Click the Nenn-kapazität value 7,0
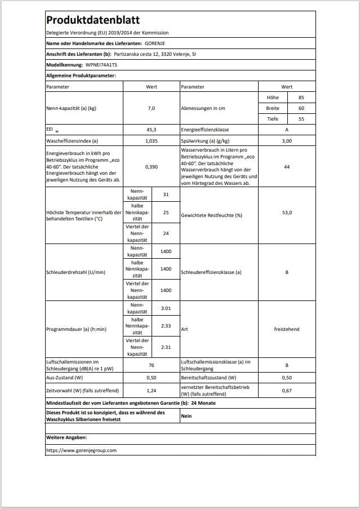point(150,108)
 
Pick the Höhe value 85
point(301,98)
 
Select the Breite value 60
point(301,108)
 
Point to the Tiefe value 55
point(301,119)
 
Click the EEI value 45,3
point(150,130)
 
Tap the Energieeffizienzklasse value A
point(287,130)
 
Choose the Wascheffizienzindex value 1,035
point(150,140)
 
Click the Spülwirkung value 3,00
point(287,140)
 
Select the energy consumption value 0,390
point(150,167)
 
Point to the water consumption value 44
point(287,167)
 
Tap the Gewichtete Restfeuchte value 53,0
point(287,215)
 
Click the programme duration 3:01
point(166,308)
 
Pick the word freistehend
point(287,329)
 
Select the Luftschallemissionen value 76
point(150,365)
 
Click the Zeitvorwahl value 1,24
point(150,390)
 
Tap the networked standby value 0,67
point(287,390)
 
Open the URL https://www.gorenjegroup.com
point(81,450)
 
